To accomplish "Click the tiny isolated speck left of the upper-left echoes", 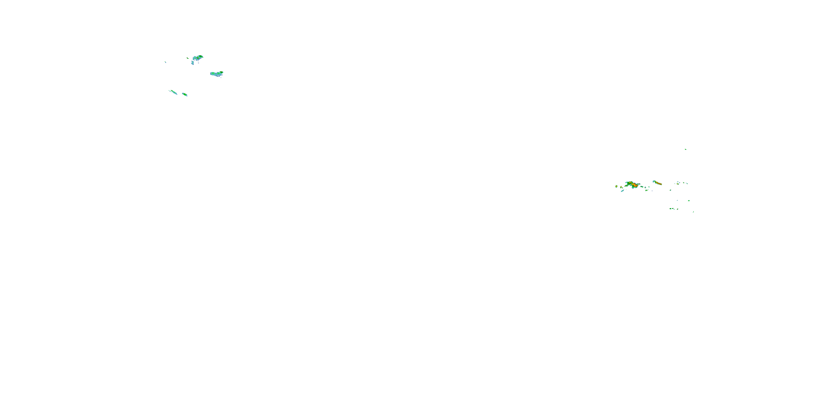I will click(x=166, y=62).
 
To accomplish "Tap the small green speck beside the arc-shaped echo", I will click(x=188, y=58).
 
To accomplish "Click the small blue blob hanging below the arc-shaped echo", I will click(x=193, y=63).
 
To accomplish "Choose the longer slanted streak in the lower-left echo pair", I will click(x=173, y=92).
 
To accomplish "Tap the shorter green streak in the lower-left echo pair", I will click(x=184, y=94).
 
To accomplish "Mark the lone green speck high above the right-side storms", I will click(x=686, y=149).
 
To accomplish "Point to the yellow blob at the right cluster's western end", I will click(x=617, y=186).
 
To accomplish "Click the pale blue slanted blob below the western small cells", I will click(x=623, y=191).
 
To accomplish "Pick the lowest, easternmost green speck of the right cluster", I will click(x=693, y=212).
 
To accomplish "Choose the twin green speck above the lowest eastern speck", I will click(x=689, y=201).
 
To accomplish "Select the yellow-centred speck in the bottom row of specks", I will click(x=674, y=209).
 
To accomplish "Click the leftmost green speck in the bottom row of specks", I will click(x=670, y=209).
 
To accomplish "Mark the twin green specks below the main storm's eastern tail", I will click(x=647, y=190).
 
